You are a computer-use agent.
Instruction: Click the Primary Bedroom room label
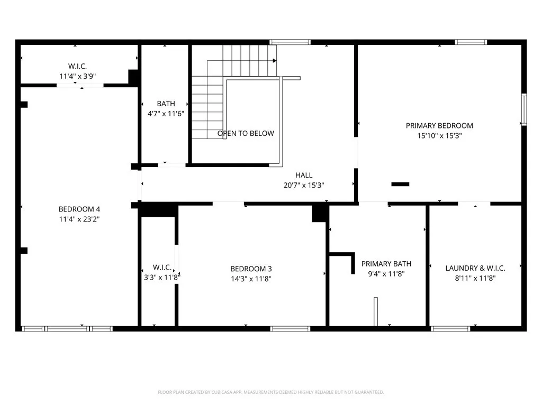coord(439,125)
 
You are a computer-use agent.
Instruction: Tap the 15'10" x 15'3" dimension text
coord(439,135)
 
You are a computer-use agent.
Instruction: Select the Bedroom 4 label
coord(79,209)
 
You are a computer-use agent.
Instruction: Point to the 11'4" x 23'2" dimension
coord(79,218)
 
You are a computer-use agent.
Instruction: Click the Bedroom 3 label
coord(251,269)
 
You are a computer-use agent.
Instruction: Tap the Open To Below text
coord(246,133)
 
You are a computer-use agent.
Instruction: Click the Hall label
coord(304,175)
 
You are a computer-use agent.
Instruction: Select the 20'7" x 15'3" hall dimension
coord(304,185)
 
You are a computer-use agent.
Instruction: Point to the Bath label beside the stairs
coord(166,104)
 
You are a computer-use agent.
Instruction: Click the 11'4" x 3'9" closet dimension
coord(77,76)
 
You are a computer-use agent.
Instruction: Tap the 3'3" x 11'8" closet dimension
coord(161,276)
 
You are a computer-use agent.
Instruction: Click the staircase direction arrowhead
coord(274,61)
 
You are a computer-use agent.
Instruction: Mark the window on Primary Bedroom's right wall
coord(523,109)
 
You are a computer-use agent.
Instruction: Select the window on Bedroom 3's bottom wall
coord(290,329)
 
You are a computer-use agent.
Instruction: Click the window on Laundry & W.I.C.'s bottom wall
coord(450,329)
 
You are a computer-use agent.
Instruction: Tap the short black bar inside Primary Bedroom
coord(400,184)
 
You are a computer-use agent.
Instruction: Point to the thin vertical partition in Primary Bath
coord(375,311)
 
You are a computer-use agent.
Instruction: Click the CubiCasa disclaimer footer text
coord(270,392)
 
